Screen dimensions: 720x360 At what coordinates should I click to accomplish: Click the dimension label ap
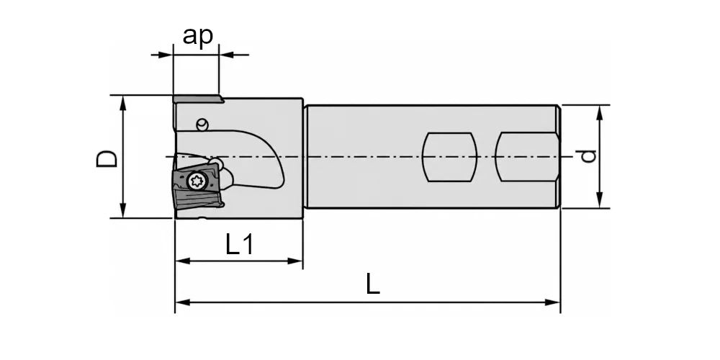click(x=198, y=36)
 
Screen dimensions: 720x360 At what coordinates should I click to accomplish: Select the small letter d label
click(x=588, y=156)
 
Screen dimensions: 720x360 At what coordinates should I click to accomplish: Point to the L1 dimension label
click(x=240, y=244)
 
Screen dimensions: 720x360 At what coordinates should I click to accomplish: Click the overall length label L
click(x=373, y=284)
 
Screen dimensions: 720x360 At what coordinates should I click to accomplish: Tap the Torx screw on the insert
click(x=196, y=181)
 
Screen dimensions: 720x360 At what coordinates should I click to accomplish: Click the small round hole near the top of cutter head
click(x=202, y=123)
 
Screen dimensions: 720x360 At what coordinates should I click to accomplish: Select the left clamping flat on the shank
click(x=449, y=157)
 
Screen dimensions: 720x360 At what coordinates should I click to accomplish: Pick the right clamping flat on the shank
click(x=528, y=157)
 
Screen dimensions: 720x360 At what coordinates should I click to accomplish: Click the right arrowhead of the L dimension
click(x=553, y=302)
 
